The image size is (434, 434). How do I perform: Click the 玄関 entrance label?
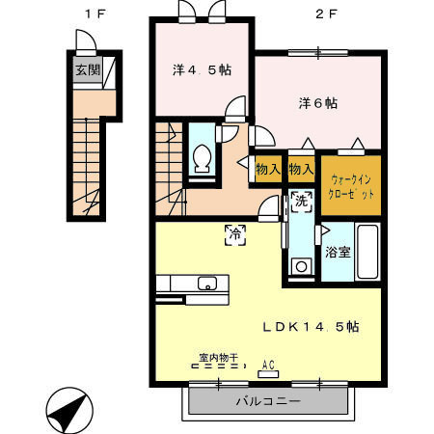(86, 70)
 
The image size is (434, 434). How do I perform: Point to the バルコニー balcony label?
(268, 400)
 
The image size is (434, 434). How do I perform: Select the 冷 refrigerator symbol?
(234, 231)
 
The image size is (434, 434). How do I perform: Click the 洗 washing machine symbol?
(301, 203)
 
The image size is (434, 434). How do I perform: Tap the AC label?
(269, 364)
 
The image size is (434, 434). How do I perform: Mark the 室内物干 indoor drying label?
(219, 358)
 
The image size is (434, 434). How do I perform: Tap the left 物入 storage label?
(267, 170)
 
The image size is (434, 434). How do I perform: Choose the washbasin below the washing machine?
(302, 265)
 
